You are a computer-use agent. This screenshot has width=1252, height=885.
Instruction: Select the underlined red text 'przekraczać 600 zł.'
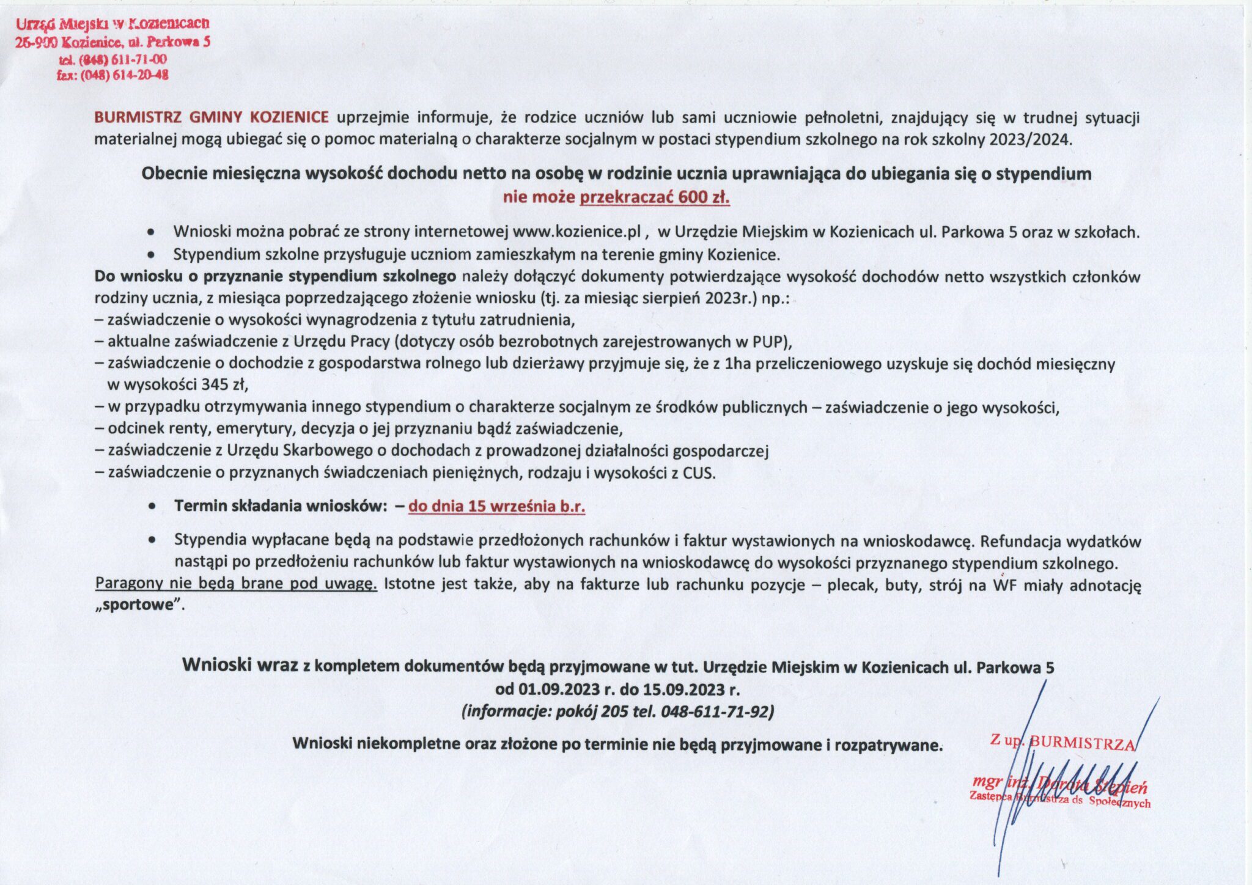[x=654, y=197]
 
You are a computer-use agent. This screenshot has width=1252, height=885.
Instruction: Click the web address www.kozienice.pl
[x=576, y=232]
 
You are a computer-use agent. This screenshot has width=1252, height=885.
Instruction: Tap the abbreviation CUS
[x=698, y=472]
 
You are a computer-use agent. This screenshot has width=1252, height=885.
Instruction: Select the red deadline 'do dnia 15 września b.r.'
[x=496, y=506]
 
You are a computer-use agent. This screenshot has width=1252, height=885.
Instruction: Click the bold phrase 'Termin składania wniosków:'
[x=281, y=506]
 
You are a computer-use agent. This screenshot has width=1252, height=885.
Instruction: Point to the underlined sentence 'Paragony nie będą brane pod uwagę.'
[x=236, y=584]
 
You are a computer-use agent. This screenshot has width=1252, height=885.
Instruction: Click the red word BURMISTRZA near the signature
[x=1082, y=743]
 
